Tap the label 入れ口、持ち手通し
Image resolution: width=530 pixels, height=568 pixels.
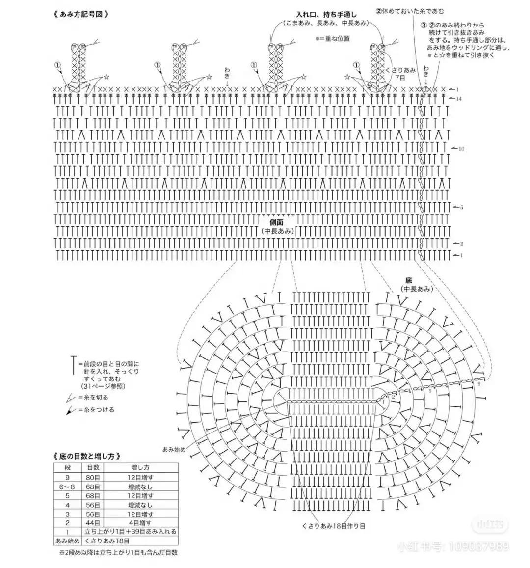coord(326,14)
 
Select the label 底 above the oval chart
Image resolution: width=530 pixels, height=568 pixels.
coord(408,280)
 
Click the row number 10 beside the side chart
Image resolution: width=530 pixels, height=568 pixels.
coord(461,148)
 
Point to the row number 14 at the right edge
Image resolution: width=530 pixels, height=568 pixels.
coord(459,99)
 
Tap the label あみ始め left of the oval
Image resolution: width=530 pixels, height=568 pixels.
coord(174,449)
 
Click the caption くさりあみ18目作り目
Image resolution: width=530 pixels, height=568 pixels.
coord(334,526)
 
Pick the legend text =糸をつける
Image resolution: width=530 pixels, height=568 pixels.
coord(98,409)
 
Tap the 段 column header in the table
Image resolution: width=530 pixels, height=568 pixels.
coord(68,468)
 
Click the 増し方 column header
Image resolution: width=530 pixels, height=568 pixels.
coord(140,468)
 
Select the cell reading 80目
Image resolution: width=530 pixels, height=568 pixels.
coord(93,477)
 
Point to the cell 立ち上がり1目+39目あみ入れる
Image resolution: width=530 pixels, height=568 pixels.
coord(131,532)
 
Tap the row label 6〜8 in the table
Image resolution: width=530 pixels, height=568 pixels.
coord(68,487)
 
